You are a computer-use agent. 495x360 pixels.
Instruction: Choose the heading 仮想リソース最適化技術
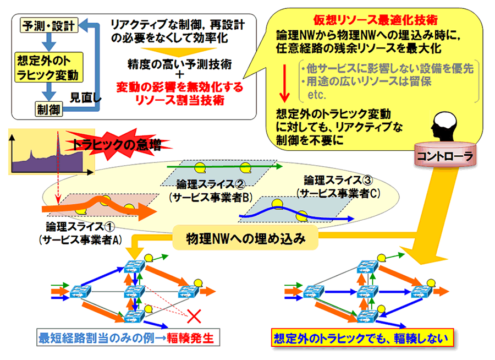click(x=375, y=20)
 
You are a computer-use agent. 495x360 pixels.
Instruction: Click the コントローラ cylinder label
click(x=443, y=156)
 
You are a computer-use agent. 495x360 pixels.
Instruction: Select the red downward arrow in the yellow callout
click(x=285, y=83)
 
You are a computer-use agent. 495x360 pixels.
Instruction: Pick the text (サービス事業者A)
click(x=80, y=239)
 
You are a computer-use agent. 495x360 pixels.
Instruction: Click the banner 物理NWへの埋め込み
click(x=245, y=238)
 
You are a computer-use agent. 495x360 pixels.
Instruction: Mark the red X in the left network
click(x=193, y=315)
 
